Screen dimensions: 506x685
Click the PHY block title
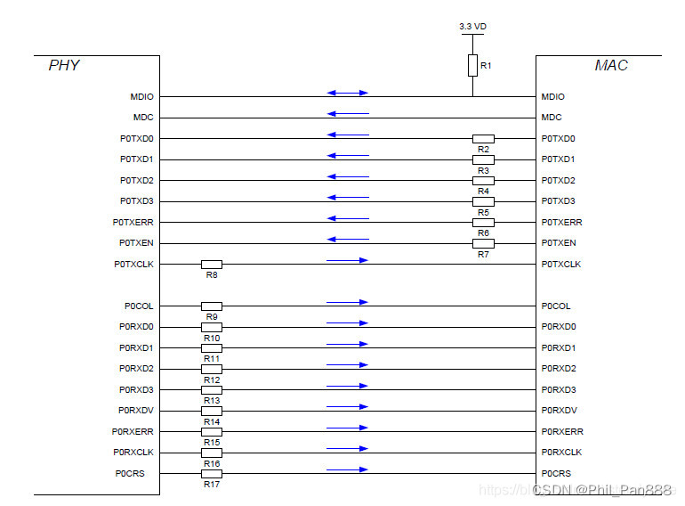tap(64, 66)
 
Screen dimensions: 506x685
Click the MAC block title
tap(611, 66)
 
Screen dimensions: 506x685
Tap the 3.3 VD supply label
tap(472, 27)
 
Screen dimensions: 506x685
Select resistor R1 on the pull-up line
tap(472, 65)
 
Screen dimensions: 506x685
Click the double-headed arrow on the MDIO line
tap(347, 93)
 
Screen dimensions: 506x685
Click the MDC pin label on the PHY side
tap(143, 118)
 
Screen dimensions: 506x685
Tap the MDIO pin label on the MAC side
tap(552, 96)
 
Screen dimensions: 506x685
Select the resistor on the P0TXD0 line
tap(483, 138)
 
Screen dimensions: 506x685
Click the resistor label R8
tap(212, 275)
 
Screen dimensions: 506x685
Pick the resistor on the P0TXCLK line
tap(212, 264)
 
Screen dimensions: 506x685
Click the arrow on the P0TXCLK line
tap(347, 260)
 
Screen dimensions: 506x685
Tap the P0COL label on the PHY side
tap(139, 306)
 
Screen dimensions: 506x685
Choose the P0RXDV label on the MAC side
tap(559, 411)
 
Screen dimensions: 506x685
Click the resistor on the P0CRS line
tap(212, 473)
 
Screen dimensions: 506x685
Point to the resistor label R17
tap(212, 485)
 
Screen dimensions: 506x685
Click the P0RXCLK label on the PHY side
tap(133, 453)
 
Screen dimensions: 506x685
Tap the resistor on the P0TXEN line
tap(483, 243)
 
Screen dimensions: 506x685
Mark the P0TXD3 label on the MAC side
tap(558, 201)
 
